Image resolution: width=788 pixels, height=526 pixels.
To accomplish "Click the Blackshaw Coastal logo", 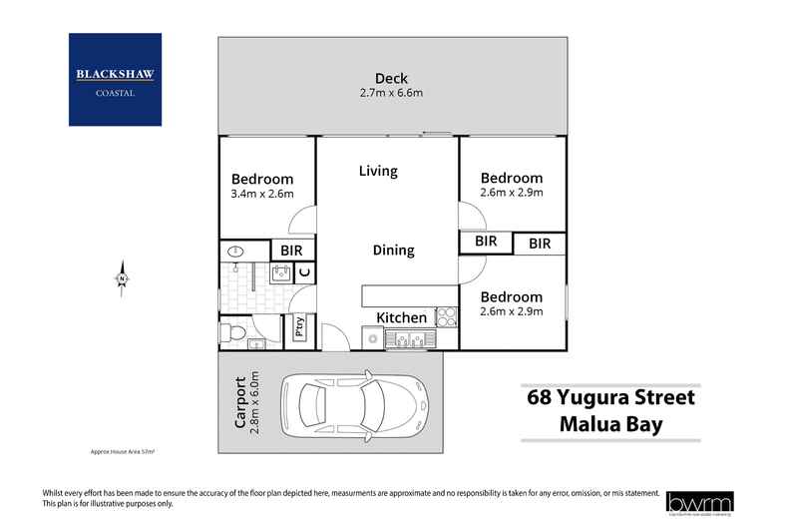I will (115, 80).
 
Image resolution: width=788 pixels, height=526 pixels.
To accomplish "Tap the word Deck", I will (391, 79).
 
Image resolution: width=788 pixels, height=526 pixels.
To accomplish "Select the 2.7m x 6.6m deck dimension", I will (391, 95).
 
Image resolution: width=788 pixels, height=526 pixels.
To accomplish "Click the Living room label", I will (378, 171).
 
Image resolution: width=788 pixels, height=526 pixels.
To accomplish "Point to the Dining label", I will (393, 251).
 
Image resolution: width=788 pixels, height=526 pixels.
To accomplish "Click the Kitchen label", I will (402, 317).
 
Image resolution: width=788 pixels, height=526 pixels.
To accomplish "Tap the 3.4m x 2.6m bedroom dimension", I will (262, 194).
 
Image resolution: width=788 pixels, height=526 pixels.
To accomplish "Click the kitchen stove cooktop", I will (446, 317).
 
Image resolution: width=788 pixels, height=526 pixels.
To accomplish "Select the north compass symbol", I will (121, 275).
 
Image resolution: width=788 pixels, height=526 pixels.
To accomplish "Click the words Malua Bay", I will (610, 426).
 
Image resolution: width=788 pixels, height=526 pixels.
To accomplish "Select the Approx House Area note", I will (123, 452).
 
